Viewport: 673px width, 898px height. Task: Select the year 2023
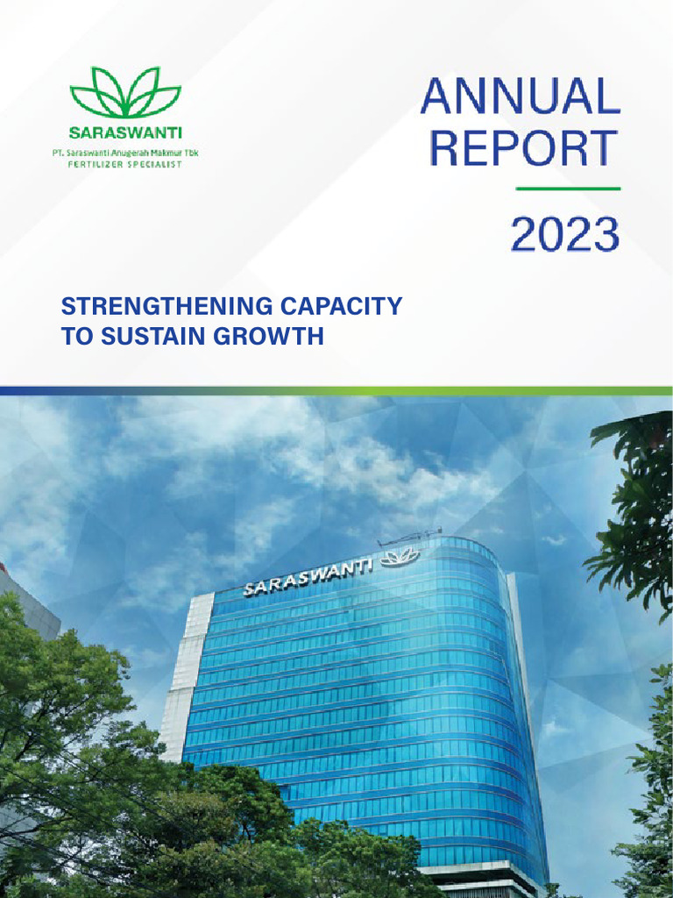pos(564,235)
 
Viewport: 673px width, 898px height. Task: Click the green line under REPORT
pos(568,189)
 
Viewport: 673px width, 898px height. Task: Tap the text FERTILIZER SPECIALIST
pos(125,164)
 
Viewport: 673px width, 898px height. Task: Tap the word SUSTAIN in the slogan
pos(141,335)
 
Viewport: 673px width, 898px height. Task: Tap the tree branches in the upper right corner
pos(635,509)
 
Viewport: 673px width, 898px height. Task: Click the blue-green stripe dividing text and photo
pos(336,390)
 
